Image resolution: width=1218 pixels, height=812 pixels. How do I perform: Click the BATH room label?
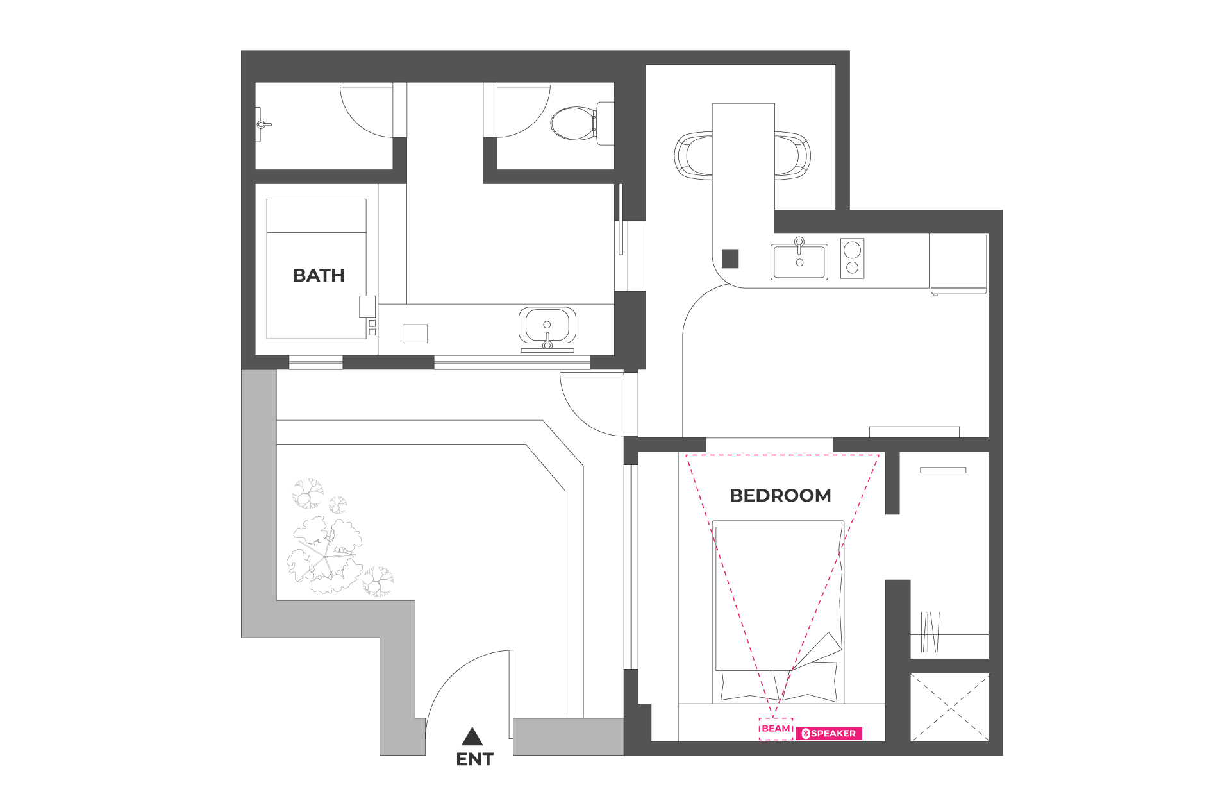[x=319, y=276]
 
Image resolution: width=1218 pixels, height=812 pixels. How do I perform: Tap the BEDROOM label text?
[x=780, y=496]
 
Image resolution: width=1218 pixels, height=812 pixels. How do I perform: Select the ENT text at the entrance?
[x=474, y=759]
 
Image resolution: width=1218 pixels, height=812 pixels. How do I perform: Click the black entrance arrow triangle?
[x=472, y=736]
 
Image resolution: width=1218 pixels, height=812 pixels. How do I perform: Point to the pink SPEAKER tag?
[x=829, y=734]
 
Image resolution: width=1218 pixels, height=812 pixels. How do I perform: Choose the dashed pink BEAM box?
[x=776, y=729]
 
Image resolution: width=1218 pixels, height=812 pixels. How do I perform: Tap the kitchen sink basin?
[x=799, y=262]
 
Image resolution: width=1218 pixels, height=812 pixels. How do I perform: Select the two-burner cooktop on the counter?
[x=853, y=258]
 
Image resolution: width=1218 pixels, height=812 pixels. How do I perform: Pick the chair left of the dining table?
[x=693, y=155]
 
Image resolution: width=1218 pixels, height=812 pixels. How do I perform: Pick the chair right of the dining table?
[x=792, y=155]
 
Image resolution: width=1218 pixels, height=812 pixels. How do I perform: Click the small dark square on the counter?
[x=730, y=258]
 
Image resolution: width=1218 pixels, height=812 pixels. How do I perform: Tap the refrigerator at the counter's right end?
[x=959, y=264]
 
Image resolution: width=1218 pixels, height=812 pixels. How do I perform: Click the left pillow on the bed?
[x=747, y=685]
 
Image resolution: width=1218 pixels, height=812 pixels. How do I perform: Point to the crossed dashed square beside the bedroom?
[x=949, y=707]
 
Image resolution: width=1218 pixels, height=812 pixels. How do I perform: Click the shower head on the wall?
[x=262, y=124]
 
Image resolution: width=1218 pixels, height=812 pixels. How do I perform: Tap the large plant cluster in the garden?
[x=325, y=555]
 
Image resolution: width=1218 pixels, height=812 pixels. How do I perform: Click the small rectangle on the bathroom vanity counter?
[x=415, y=334]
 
